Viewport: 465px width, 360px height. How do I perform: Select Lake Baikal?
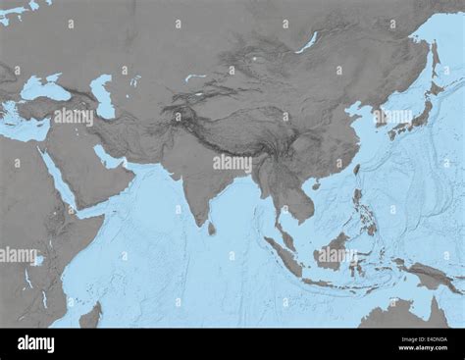308,42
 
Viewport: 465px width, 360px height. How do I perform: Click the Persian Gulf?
108,157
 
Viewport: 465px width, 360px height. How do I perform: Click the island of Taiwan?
355,170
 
